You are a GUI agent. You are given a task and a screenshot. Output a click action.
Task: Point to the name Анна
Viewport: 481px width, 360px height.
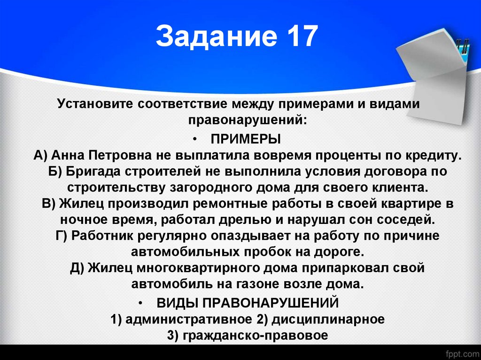point(70,155)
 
